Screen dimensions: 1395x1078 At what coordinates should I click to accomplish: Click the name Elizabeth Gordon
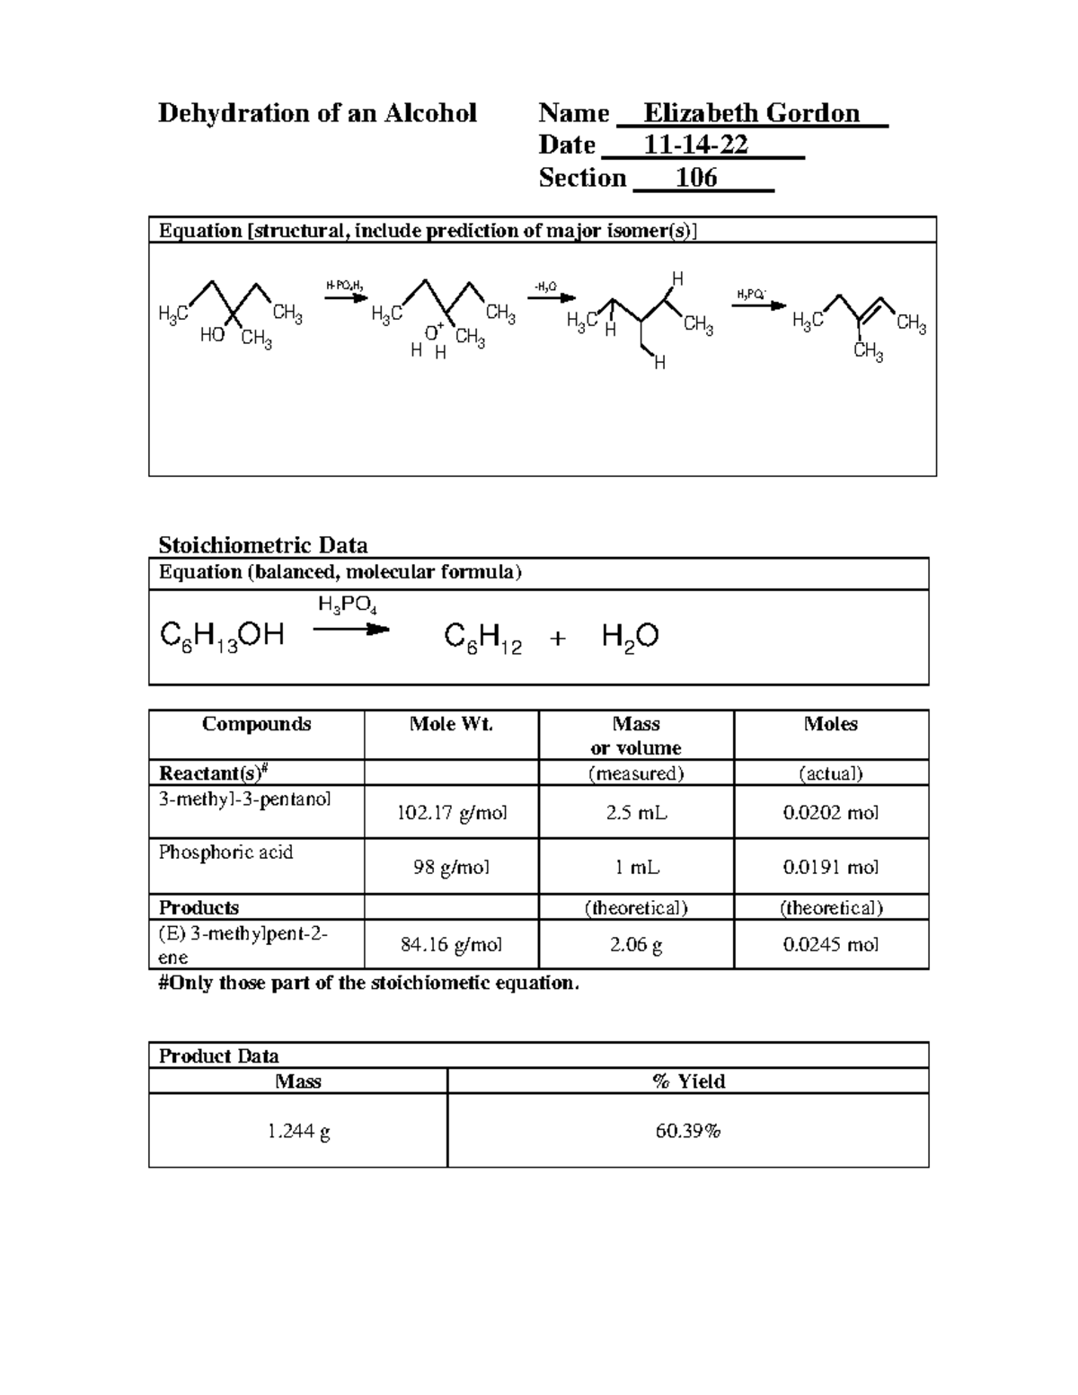[x=751, y=113]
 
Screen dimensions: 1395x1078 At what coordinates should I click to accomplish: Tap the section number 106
[x=696, y=178]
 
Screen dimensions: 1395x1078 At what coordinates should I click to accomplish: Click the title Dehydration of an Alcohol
[x=317, y=113]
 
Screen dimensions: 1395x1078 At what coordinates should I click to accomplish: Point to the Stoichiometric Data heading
[x=262, y=545]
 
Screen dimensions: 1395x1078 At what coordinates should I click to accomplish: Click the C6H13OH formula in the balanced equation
[x=222, y=637]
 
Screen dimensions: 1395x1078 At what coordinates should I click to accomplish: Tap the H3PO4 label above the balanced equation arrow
[x=347, y=605]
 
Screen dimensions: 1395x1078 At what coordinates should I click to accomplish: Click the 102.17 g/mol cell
[x=452, y=813]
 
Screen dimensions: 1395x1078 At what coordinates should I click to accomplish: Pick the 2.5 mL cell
[x=636, y=813]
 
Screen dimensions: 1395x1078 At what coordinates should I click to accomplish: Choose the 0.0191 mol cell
[x=830, y=868]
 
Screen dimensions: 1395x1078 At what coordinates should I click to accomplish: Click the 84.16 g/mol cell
[x=452, y=945]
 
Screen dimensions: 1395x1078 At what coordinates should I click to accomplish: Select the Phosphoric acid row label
[x=225, y=852]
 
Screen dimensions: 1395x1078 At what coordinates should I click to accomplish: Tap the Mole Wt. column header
[x=451, y=724]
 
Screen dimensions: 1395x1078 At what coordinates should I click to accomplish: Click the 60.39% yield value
[x=687, y=1131]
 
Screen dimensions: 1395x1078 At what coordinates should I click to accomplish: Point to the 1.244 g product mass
[x=298, y=1131]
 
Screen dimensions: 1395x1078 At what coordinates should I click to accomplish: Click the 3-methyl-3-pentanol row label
[x=244, y=799]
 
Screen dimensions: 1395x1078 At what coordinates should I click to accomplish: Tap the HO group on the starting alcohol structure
[x=212, y=335]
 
